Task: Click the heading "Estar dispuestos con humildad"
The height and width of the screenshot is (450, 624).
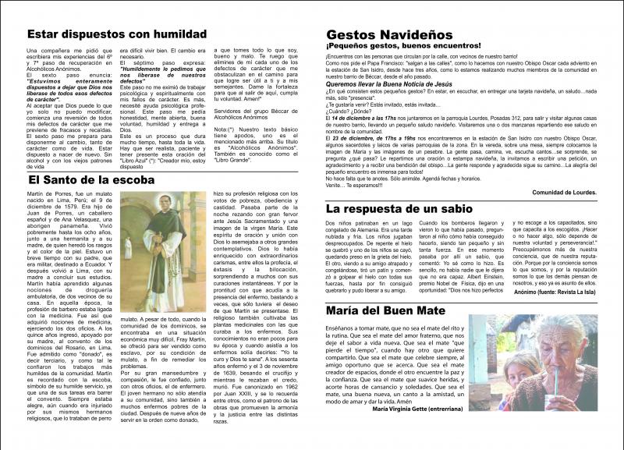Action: click(116, 34)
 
